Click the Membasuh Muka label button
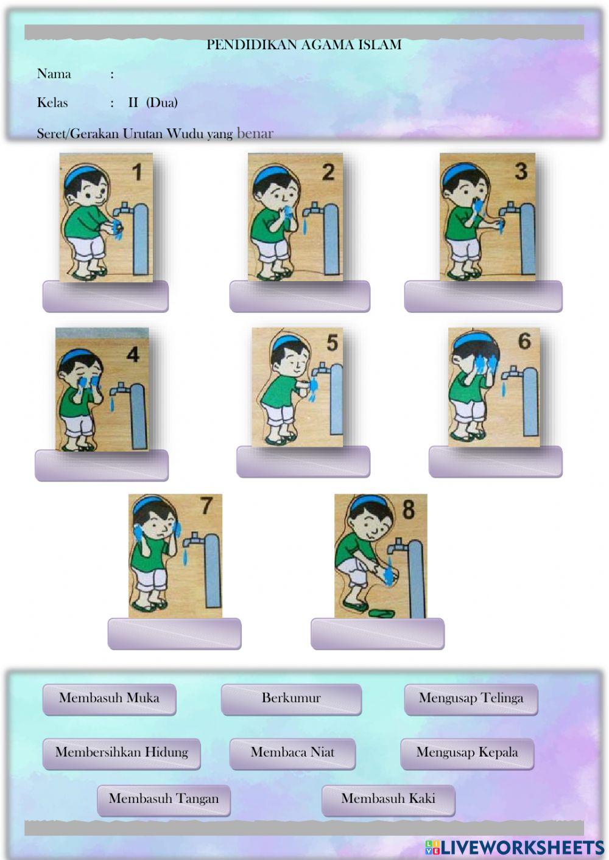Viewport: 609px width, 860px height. [109, 699]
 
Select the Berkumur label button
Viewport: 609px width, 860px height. [291, 699]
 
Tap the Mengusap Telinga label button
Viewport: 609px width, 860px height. [471, 699]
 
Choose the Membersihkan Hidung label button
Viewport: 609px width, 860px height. [121, 753]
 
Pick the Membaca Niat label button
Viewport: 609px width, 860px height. [292, 753]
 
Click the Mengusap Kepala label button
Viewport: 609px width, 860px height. [467, 753]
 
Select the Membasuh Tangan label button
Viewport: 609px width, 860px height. [163, 799]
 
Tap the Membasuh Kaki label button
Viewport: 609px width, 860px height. [388, 799]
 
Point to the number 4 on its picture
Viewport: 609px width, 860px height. [133, 354]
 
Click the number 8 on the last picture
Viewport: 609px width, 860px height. [408, 509]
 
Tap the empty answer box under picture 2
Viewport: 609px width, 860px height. [299, 296]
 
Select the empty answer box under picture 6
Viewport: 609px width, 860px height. [495, 462]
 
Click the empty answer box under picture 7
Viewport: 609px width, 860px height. [174, 634]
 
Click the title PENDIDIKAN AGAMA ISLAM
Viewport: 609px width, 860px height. [304, 44]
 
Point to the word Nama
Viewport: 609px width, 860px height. [54, 74]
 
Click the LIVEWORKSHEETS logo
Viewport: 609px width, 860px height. [515, 847]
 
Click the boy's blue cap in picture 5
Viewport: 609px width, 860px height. [281, 342]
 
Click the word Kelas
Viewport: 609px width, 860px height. [52, 102]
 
